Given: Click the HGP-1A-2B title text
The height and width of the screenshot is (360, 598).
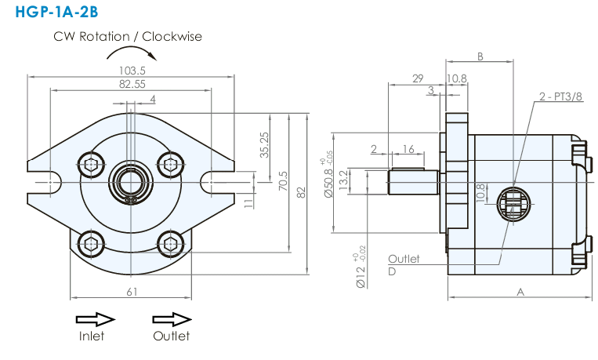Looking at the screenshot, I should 53,13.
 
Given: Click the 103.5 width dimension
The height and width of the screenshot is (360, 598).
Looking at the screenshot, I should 131,70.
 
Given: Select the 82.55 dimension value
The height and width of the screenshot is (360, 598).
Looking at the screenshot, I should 132,84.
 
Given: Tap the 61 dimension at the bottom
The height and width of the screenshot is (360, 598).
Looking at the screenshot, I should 132,292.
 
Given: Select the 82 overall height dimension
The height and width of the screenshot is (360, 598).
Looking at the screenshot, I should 302,192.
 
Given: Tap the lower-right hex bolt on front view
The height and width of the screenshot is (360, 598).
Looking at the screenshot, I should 171,240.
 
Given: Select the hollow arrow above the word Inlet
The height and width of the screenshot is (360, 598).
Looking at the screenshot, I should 96,319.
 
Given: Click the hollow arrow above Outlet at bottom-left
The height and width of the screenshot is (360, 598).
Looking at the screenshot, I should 172,319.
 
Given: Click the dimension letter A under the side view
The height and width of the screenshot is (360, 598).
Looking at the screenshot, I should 520,292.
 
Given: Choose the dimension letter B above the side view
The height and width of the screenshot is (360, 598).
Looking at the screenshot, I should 480,56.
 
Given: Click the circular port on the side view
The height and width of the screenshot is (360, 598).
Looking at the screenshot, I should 510,205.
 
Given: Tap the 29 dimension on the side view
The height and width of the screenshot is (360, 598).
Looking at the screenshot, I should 417,78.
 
